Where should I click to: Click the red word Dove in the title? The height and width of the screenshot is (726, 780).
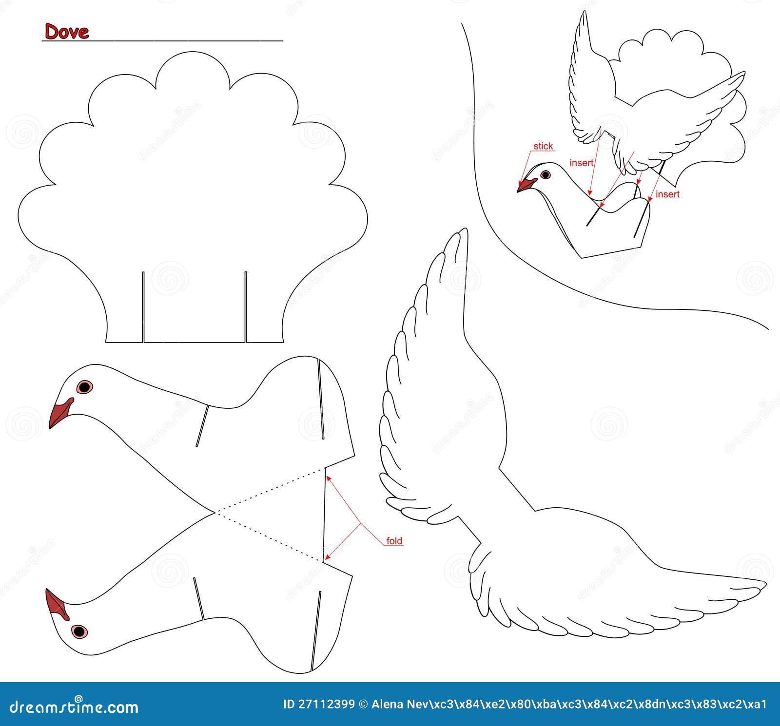[x=67, y=31]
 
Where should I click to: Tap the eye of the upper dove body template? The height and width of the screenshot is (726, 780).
[x=84, y=387]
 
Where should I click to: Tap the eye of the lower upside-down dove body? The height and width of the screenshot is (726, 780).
[x=79, y=631]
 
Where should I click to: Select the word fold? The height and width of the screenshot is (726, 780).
[x=394, y=541]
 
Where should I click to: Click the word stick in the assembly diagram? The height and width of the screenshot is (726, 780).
[x=543, y=146]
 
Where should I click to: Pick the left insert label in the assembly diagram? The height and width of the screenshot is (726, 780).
[x=581, y=163]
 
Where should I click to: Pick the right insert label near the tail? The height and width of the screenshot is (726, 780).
[x=667, y=194]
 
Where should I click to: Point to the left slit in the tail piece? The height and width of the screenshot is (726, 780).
[x=143, y=307]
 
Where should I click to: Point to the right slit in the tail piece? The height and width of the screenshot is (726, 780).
[x=246, y=307]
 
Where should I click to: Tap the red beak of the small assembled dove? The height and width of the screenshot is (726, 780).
[x=526, y=185]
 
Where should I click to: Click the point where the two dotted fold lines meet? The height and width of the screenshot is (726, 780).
[x=215, y=513]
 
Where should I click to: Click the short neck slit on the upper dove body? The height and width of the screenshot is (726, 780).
[x=202, y=425]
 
